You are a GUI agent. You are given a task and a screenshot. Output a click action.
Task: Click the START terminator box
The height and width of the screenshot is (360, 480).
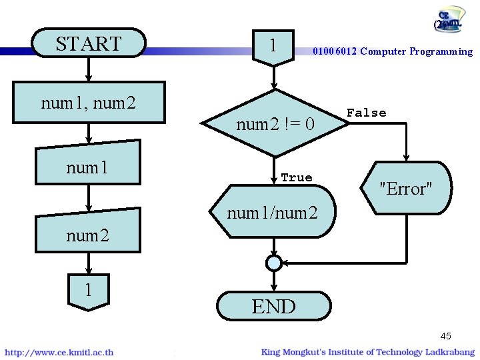coord(89,43)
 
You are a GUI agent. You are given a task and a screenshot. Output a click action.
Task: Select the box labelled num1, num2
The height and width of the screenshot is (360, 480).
coord(89,103)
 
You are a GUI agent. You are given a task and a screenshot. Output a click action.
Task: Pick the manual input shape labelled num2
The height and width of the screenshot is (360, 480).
coord(89,232)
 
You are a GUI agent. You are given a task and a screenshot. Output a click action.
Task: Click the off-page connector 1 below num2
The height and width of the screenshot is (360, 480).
coord(88,291)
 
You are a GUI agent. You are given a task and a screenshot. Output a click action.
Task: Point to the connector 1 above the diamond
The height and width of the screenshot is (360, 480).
coord(273,46)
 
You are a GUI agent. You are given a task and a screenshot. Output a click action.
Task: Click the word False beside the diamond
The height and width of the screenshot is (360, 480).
coord(366,113)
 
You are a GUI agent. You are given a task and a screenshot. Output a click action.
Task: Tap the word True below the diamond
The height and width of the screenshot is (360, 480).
coord(297,177)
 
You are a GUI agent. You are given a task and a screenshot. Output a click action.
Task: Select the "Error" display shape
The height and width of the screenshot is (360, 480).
coord(405,188)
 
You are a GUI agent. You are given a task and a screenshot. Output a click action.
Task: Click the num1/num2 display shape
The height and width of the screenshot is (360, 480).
coord(273,213)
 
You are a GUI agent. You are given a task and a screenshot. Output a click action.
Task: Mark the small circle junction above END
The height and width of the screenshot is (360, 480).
coord(273,263)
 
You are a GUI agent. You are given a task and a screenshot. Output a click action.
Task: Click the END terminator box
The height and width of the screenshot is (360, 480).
coord(273,306)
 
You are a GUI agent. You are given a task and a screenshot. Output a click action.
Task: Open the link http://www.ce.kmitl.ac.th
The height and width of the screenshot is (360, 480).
coord(59,352)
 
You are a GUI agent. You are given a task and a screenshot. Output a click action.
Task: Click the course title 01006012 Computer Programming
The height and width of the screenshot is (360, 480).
coord(393,51)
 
